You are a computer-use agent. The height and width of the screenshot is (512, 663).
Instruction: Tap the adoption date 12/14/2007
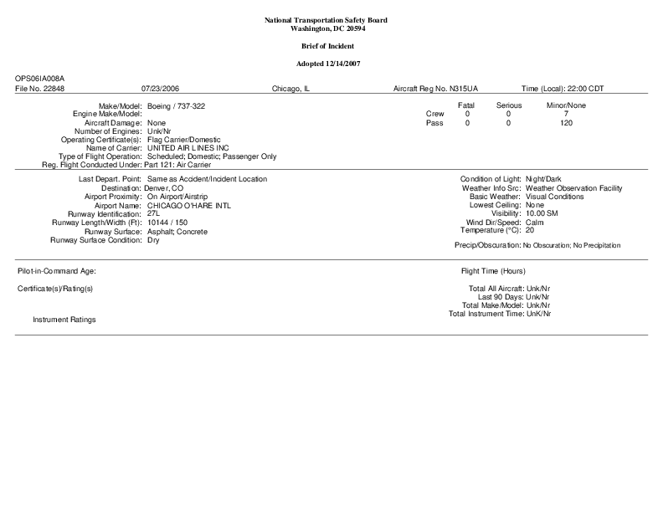click(341, 64)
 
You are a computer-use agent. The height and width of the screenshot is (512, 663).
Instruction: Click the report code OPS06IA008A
click(39, 78)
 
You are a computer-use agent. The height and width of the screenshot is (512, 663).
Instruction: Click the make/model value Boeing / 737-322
click(176, 105)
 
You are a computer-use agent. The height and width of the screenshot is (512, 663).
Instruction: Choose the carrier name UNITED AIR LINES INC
click(188, 147)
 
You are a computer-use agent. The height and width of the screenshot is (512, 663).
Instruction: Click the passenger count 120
click(566, 123)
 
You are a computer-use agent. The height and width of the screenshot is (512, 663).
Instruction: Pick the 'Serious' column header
click(508, 105)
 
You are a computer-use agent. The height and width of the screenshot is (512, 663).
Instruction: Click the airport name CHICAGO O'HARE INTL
click(188, 205)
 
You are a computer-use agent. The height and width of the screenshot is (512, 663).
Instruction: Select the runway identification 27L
click(153, 213)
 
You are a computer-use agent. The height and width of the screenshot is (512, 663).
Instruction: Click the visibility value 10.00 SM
click(542, 213)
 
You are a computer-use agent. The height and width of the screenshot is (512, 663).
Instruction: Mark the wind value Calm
click(535, 223)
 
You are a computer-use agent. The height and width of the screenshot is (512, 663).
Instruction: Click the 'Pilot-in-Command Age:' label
click(57, 272)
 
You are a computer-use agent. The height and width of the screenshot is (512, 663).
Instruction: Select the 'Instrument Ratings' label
click(64, 320)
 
